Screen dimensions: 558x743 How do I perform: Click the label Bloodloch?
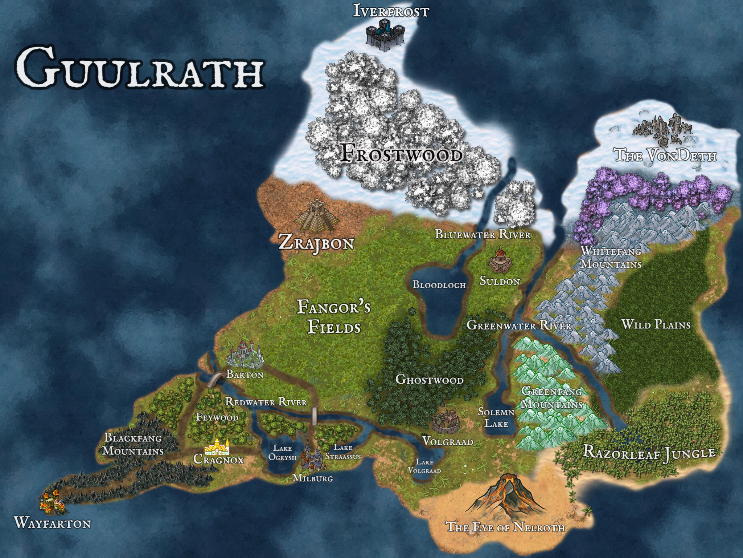pyautogui.click(x=439, y=284)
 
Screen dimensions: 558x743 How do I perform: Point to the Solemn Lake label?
pyautogui.click(x=496, y=417)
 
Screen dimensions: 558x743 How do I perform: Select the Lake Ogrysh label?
pyautogui.click(x=282, y=453)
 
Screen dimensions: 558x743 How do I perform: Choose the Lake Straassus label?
pyautogui.click(x=343, y=452)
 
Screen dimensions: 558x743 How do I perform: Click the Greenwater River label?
pyautogui.click(x=519, y=325)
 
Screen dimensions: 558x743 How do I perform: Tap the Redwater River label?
pyautogui.click(x=266, y=401)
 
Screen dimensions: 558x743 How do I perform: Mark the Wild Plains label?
pyautogui.click(x=656, y=324)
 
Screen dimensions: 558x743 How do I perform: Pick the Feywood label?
pyautogui.click(x=217, y=417)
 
